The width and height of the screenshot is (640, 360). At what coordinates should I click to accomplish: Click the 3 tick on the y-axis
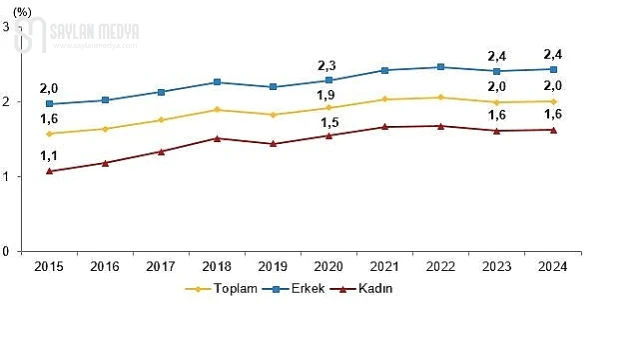coord(7,27)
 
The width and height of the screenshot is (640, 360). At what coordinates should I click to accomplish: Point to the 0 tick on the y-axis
coord(7,251)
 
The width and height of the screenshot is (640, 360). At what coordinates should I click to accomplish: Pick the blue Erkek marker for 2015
coord(49,104)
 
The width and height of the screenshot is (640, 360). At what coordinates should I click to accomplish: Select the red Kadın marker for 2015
coord(49,171)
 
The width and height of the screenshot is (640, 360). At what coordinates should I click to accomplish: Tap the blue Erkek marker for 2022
coord(441,67)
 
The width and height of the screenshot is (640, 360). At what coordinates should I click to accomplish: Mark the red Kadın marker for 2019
coord(274,144)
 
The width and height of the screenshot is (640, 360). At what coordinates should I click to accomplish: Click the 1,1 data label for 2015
coord(48,154)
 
